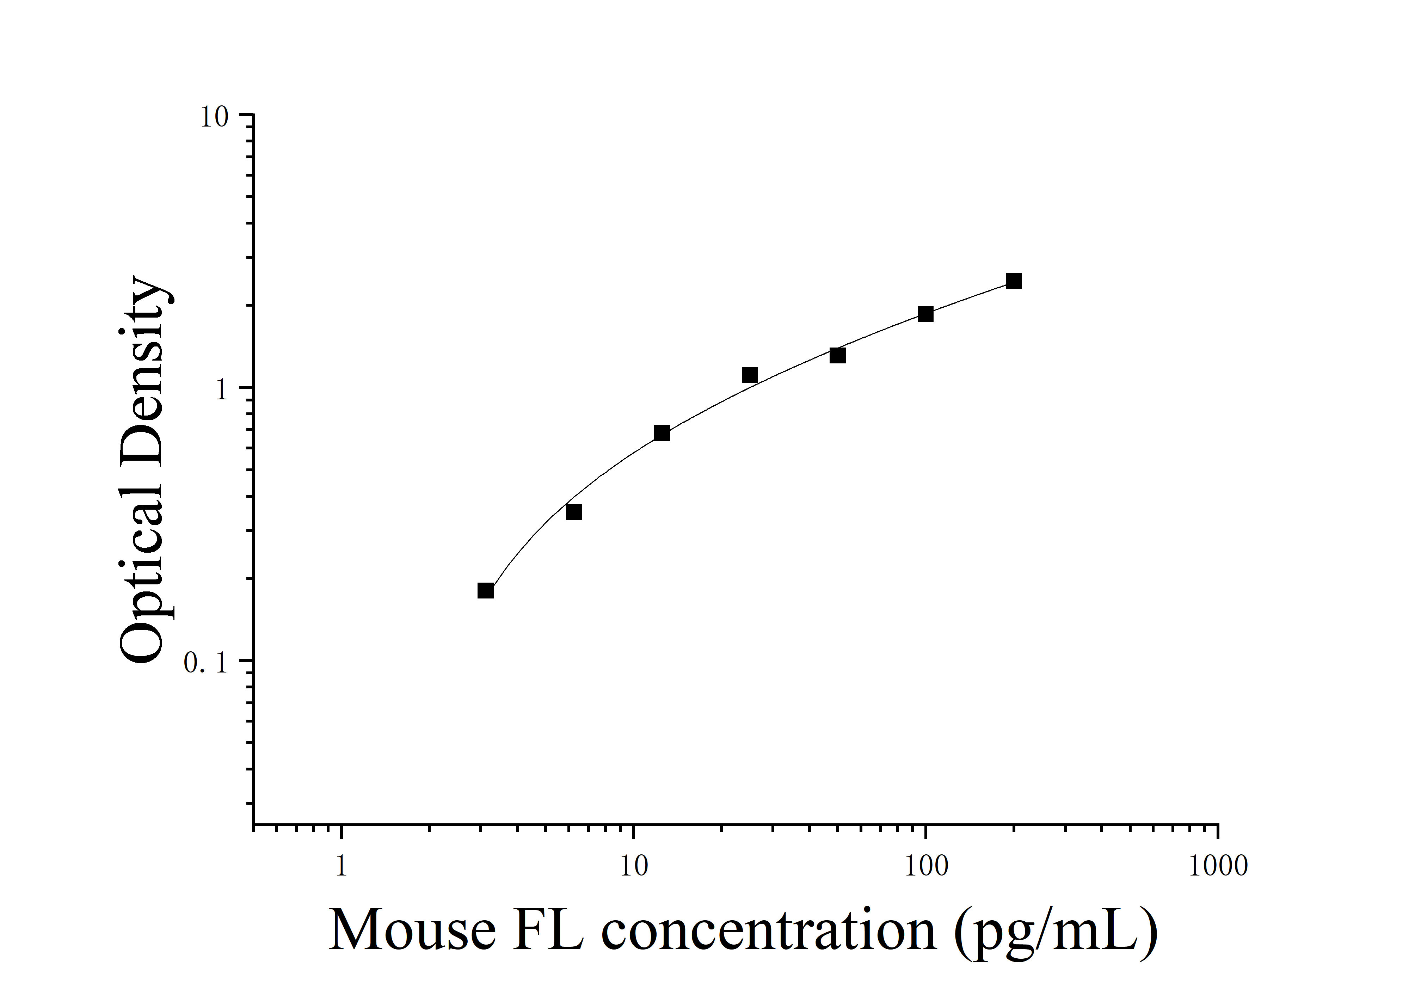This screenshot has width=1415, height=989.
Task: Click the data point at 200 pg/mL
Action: (x=1013, y=282)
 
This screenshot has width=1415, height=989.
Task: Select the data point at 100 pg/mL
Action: (x=925, y=314)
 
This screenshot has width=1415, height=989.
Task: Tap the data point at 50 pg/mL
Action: (x=837, y=356)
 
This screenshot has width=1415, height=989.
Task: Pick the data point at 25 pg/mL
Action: (x=749, y=375)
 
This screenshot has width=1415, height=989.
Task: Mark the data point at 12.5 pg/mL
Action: (x=661, y=433)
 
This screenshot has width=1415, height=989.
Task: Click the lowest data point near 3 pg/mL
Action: (x=486, y=591)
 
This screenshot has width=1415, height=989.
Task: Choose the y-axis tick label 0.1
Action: (x=207, y=663)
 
